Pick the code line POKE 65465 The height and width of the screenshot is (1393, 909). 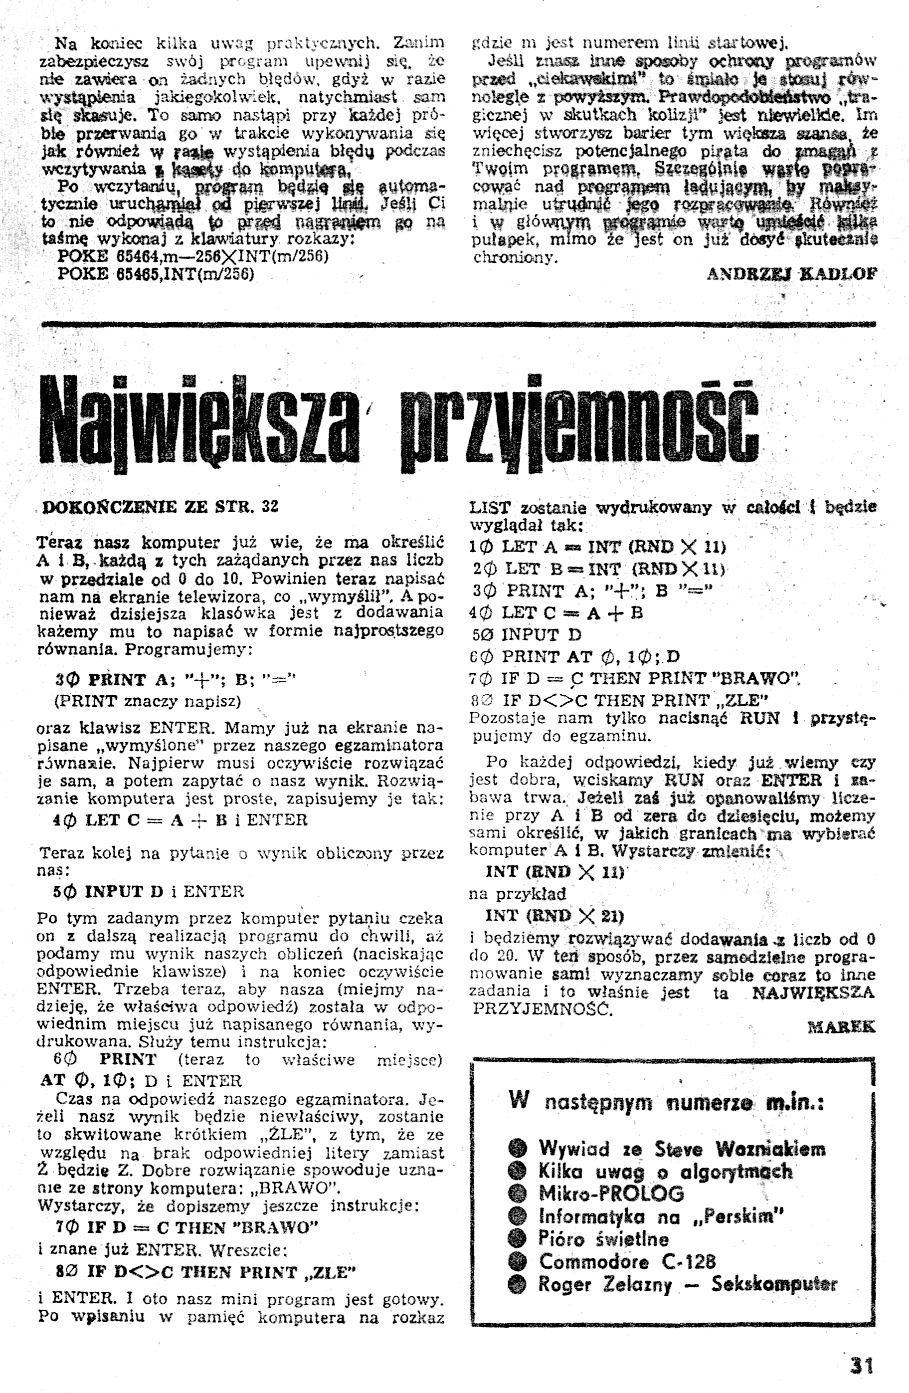point(156,274)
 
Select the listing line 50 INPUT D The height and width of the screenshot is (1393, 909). point(532,634)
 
